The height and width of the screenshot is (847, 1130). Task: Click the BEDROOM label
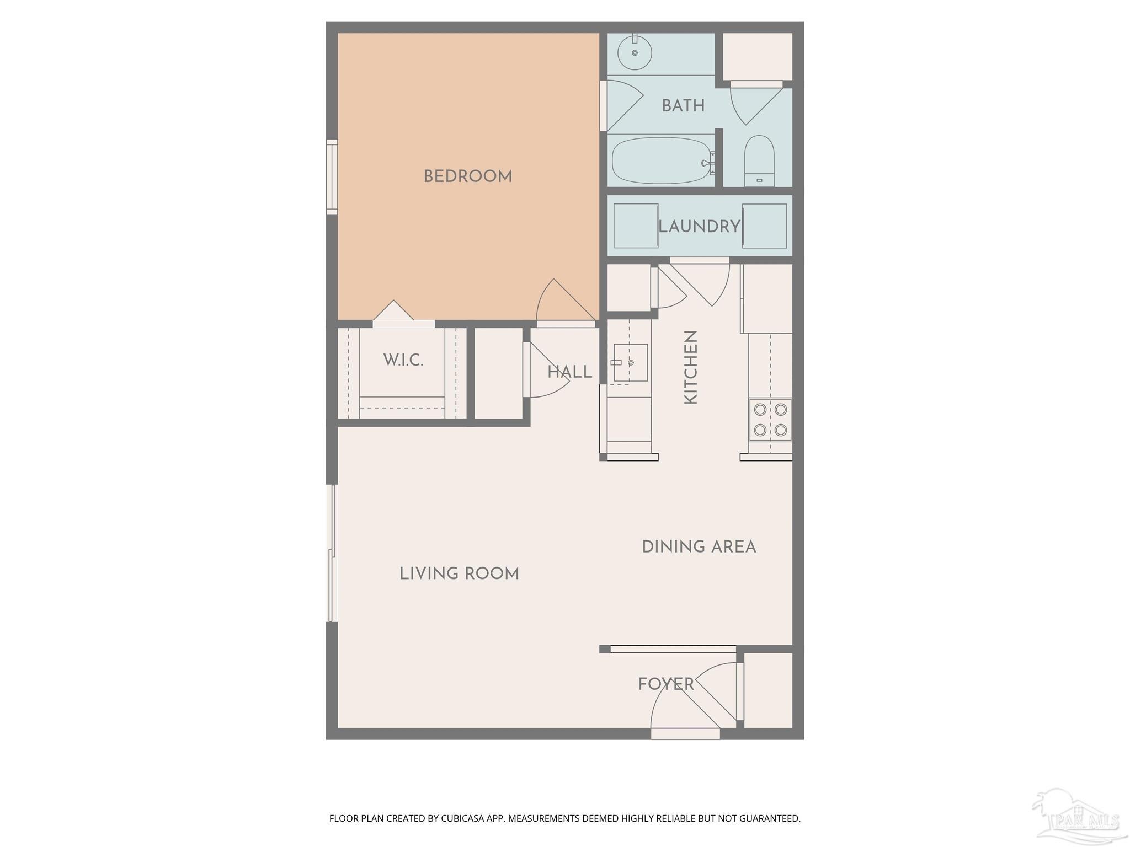[x=467, y=176]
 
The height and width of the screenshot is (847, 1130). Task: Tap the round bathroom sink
[x=635, y=53]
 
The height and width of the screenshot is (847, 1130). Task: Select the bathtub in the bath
[x=660, y=160]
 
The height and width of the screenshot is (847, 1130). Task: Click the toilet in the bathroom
[x=759, y=160]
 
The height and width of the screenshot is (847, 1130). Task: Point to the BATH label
[x=683, y=105]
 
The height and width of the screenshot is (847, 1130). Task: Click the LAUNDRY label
[x=699, y=226]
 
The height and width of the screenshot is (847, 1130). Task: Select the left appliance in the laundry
[x=635, y=226]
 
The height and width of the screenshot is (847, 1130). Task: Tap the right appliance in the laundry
[x=765, y=226]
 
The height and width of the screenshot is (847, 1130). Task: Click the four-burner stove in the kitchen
[x=770, y=420]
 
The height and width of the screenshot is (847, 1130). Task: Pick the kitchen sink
[x=630, y=362]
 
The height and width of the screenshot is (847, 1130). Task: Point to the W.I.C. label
[x=403, y=360]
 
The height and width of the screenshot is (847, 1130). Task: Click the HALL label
[x=569, y=372]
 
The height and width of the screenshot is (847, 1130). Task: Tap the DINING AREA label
[x=699, y=546]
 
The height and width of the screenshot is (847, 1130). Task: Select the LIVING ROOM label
[x=459, y=573]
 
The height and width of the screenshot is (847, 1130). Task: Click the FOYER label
[x=665, y=684]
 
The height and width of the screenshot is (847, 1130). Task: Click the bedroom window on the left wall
[x=332, y=176]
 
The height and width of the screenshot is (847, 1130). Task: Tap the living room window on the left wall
[x=332, y=553]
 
